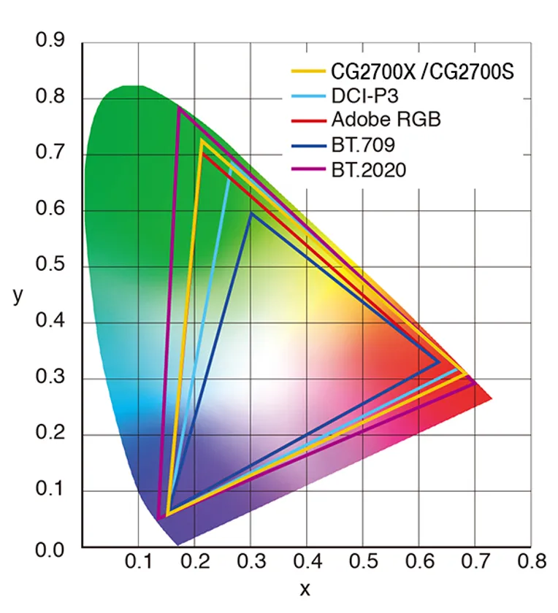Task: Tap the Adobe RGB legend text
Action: (x=386, y=120)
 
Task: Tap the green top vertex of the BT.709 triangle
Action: (x=251, y=213)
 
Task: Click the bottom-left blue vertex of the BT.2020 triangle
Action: (x=158, y=518)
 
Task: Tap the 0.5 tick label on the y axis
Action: (x=50, y=266)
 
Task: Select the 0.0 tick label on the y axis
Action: (x=50, y=547)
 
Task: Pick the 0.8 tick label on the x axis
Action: (x=531, y=562)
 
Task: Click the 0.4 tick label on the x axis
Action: (x=306, y=562)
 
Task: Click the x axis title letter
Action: (x=305, y=588)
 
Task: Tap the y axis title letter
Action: (x=18, y=296)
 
